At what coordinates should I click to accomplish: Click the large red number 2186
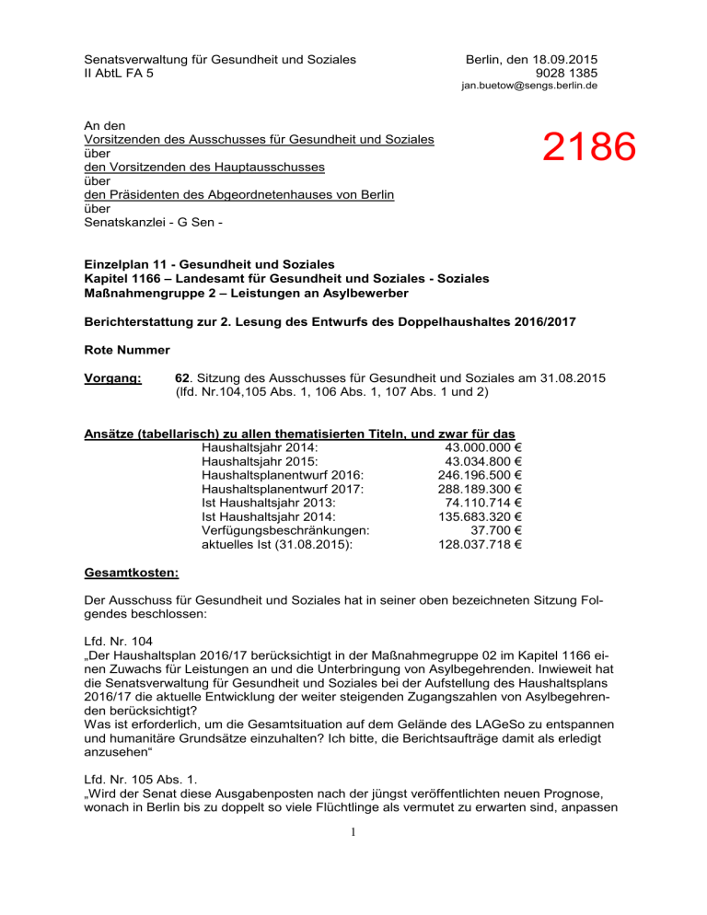589,147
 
